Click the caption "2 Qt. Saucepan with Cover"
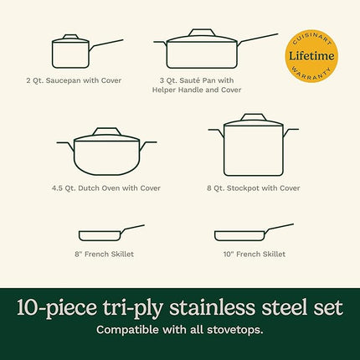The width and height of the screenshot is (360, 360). (x=74, y=80)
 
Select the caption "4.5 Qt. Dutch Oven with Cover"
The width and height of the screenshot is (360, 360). (x=104, y=188)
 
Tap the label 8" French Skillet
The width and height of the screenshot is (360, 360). (x=102, y=254)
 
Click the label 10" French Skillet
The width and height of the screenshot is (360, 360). (x=252, y=254)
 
